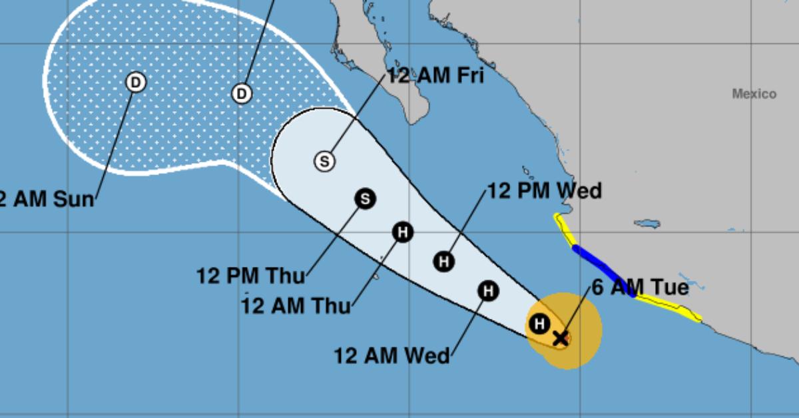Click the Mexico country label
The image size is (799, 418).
click(x=754, y=95)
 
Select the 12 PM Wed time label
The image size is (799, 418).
click(x=545, y=192)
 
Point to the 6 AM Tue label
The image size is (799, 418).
click(x=640, y=288)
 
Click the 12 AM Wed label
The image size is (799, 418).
click(x=392, y=356)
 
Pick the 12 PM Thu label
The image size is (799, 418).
click(x=251, y=275)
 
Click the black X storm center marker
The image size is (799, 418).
click(x=561, y=338)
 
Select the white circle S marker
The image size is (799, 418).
click(x=324, y=161)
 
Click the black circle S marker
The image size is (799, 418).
click(x=365, y=198)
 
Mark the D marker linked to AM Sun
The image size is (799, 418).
click(x=136, y=83)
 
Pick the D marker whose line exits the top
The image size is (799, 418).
click(x=242, y=94)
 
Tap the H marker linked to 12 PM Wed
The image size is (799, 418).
click(x=444, y=262)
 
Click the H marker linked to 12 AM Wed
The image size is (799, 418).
click(x=488, y=291)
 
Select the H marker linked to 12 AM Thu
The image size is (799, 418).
click(x=403, y=232)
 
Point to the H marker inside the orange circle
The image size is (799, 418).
click(x=539, y=324)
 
